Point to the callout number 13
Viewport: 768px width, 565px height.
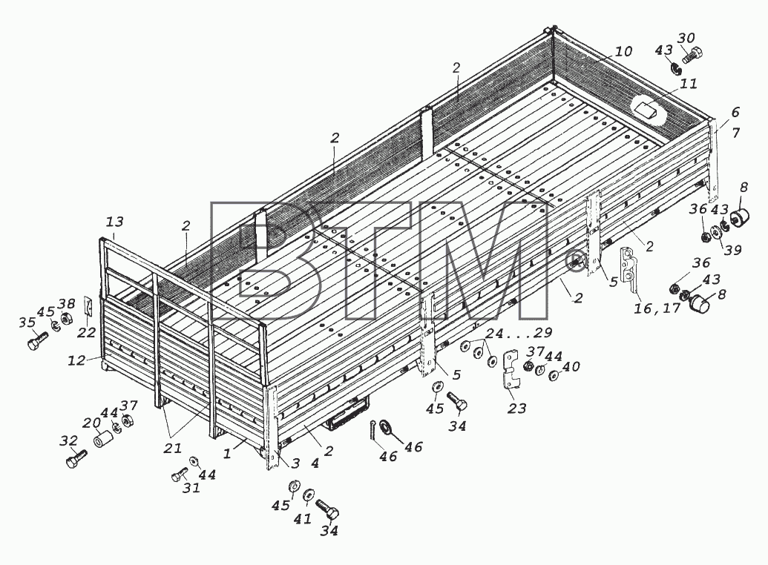tap(114, 222)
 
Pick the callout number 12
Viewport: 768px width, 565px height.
tap(76, 360)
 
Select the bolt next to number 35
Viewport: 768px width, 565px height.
tap(38, 340)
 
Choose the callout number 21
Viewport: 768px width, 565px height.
tap(173, 448)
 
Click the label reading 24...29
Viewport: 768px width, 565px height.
tap(519, 334)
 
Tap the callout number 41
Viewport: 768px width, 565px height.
tap(303, 519)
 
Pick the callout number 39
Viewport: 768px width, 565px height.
tap(732, 250)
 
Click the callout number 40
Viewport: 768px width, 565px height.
tap(571, 367)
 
